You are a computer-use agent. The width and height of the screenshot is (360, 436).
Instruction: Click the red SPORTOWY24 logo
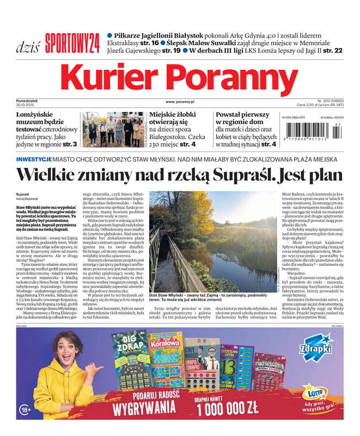(x=72, y=43)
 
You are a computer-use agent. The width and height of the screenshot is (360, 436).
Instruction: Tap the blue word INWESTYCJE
(x=34, y=159)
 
